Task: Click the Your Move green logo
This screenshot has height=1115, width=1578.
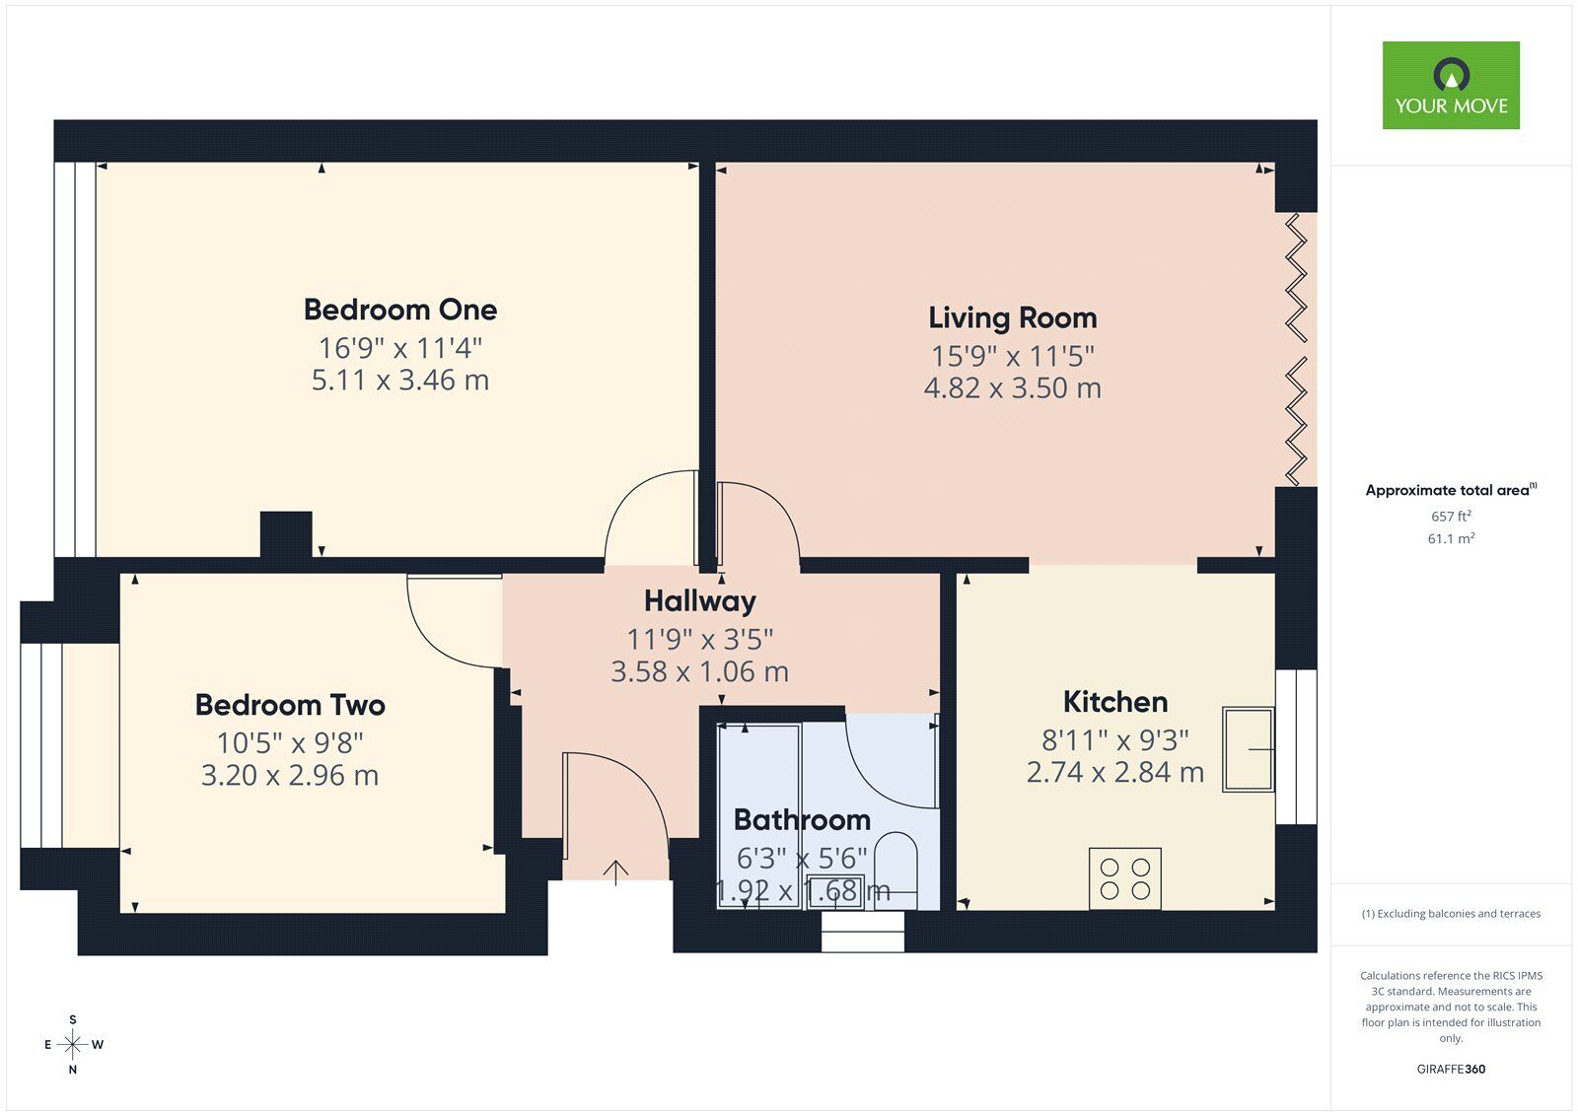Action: pyautogui.click(x=1450, y=85)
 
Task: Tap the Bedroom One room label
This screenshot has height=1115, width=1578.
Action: pyautogui.click(x=399, y=310)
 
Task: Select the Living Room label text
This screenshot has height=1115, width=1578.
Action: pyautogui.click(x=1012, y=317)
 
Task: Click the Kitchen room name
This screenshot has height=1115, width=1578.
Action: pyautogui.click(x=1114, y=702)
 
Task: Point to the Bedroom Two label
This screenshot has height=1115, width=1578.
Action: pyautogui.click(x=290, y=705)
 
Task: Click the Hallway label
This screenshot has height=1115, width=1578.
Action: pyautogui.click(x=699, y=600)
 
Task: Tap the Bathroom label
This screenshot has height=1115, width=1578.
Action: pyautogui.click(x=802, y=819)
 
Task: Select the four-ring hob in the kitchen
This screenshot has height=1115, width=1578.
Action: pyautogui.click(x=1125, y=878)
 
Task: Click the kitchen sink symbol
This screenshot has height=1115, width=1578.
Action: pyautogui.click(x=1248, y=749)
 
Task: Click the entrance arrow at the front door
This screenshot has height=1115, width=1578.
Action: pyautogui.click(x=616, y=871)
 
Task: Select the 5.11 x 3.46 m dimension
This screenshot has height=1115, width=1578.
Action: pyautogui.click(x=399, y=381)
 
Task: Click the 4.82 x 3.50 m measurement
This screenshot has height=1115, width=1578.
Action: pyautogui.click(x=1012, y=388)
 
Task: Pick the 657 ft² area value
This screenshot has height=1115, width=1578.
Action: pyautogui.click(x=1451, y=516)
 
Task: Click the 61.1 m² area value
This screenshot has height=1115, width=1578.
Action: pyautogui.click(x=1451, y=538)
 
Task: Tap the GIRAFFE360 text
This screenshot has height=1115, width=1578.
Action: pyautogui.click(x=1451, y=1069)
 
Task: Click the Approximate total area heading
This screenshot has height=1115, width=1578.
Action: pyautogui.click(x=1448, y=490)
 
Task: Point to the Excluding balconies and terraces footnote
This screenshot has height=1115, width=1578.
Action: pyautogui.click(x=1451, y=914)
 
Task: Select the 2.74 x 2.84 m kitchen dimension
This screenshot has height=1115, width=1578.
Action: pyautogui.click(x=1114, y=772)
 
